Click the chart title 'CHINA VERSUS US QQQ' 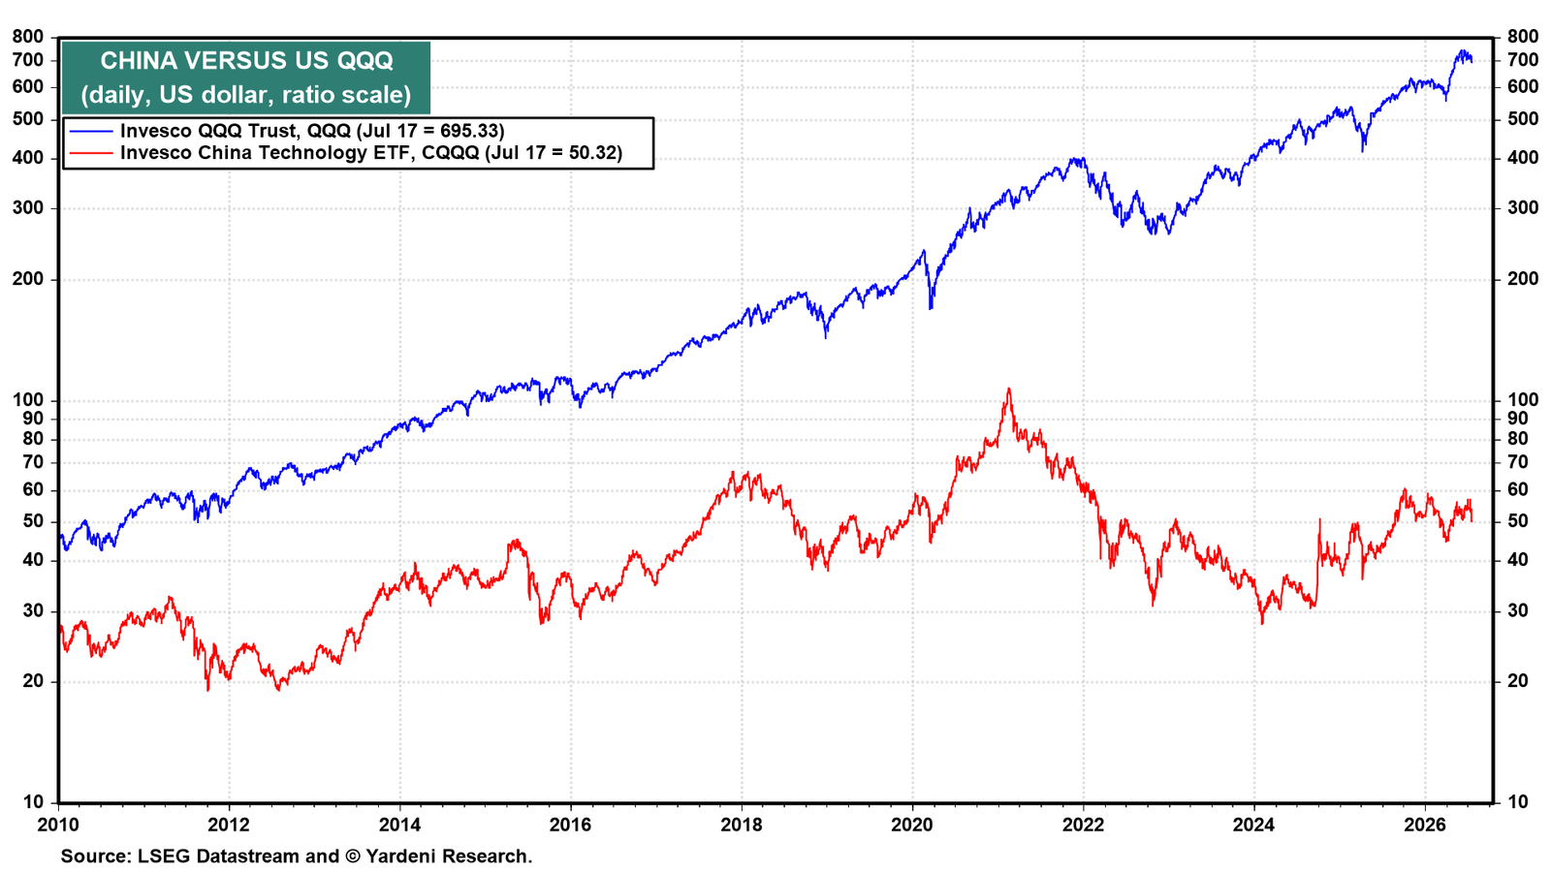pyautogui.click(x=246, y=61)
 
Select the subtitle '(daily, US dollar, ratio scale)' pyautogui.click(x=246, y=94)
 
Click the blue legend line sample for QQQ pyautogui.click(x=91, y=131)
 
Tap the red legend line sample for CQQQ pyautogui.click(x=91, y=152)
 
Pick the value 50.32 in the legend pyautogui.click(x=590, y=152)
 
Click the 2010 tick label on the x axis pyautogui.click(x=58, y=825)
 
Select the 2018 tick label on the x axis pyautogui.click(x=742, y=825)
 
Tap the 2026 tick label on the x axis pyautogui.click(x=1425, y=825)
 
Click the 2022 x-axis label pyautogui.click(x=1083, y=825)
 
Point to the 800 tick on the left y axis pyautogui.click(x=28, y=37)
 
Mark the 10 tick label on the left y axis pyautogui.click(x=33, y=802)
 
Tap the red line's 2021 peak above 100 pyautogui.click(x=1009, y=389)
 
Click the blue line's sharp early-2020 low pyautogui.click(x=931, y=308)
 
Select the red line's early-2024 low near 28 pyautogui.click(x=1262, y=624)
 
